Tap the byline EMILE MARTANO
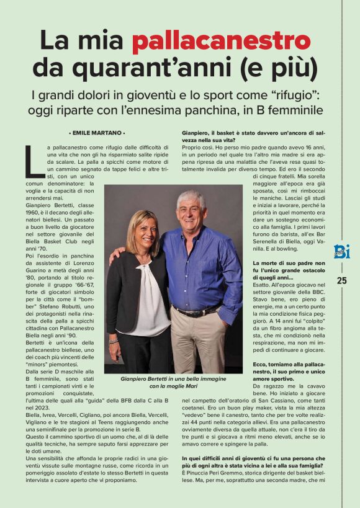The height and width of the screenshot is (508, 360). click(96, 133)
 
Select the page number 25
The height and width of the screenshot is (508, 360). click(342, 280)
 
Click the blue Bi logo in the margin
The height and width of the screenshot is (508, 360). click(341, 251)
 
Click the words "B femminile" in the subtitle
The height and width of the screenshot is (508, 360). click(290, 111)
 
